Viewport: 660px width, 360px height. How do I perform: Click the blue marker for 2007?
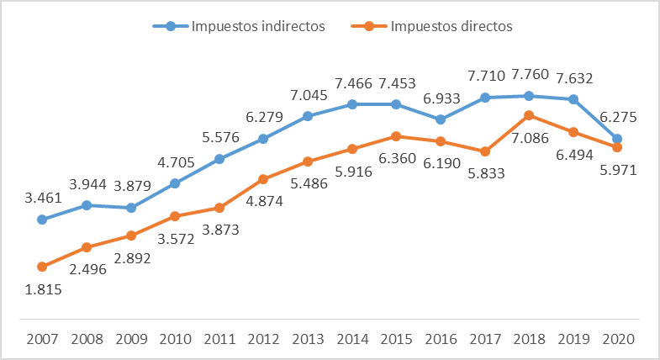pyautogui.click(x=42, y=220)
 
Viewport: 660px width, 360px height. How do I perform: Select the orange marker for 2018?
pyautogui.click(x=529, y=115)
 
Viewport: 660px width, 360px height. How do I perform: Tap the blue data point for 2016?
pyautogui.click(x=441, y=119)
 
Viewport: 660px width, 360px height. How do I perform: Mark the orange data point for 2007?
pyautogui.click(x=42, y=267)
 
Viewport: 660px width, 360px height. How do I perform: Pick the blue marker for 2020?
pyautogui.click(x=617, y=139)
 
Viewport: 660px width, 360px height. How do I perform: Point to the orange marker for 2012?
pyautogui.click(x=263, y=179)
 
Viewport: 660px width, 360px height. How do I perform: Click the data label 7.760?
pyautogui.click(x=529, y=78)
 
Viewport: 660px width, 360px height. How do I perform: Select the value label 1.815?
pyautogui.click(x=42, y=288)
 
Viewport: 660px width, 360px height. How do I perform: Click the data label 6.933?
pyautogui.click(x=441, y=98)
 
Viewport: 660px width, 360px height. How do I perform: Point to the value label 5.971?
pyautogui.click(x=618, y=169)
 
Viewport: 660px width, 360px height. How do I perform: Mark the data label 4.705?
pyautogui.click(x=175, y=164)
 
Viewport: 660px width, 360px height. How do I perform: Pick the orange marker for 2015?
pyautogui.click(x=396, y=135)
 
